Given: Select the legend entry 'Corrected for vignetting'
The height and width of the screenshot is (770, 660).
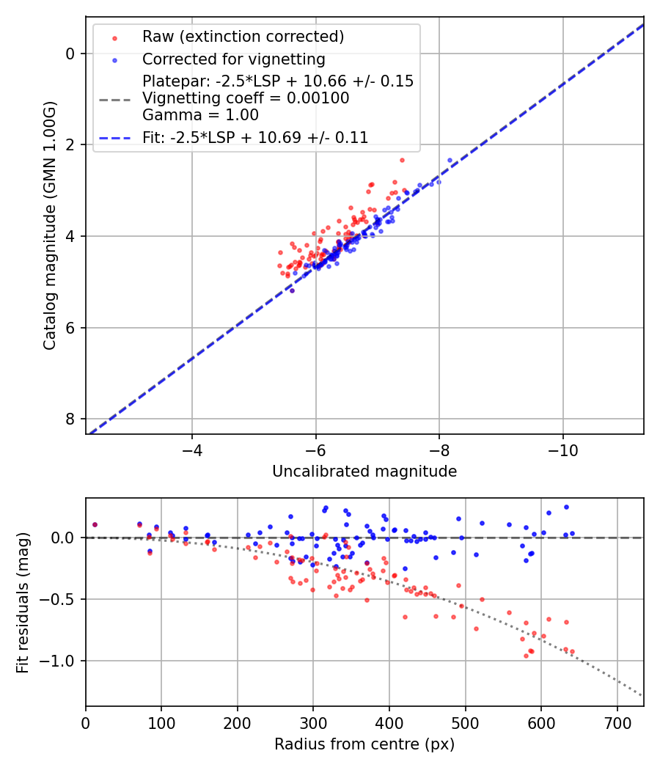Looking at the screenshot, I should point(234,59).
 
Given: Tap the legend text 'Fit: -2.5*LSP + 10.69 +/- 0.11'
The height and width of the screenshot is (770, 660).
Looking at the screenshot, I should point(255,137).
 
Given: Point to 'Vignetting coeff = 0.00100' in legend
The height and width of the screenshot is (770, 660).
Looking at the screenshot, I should point(246,98).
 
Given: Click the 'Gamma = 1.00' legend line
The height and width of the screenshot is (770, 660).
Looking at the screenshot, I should point(200,114).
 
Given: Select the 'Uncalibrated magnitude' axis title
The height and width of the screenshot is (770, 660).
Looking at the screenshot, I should point(364,472).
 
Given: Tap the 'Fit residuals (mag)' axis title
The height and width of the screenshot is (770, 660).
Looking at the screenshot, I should point(23,602).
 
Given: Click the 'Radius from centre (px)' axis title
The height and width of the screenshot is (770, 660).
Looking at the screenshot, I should point(364,744).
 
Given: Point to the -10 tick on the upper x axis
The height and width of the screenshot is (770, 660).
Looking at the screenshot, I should point(562,448).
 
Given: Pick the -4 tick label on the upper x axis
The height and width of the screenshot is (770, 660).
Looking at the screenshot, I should point(192,448).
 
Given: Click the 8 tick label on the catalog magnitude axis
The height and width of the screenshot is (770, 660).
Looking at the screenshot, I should point(70,419).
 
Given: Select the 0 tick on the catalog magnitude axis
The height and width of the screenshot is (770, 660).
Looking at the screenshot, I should point(70,54).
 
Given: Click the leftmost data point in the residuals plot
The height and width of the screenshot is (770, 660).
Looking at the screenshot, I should point(95,525).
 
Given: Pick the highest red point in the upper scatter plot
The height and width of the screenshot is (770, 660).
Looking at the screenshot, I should point(402,160).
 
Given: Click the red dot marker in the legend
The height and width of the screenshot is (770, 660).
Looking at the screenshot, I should point(114,37).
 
